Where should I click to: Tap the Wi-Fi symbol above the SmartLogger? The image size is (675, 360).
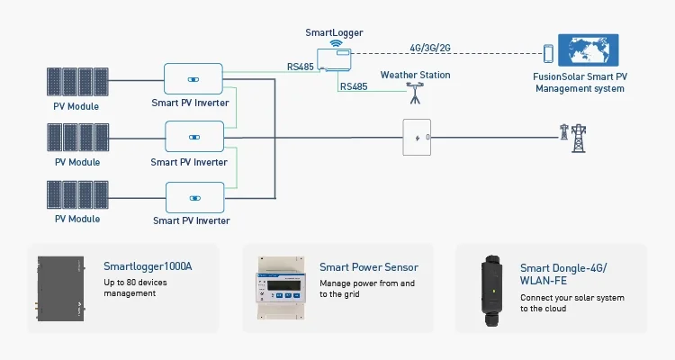[x=336, y=41]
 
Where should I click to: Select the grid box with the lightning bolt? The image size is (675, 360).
[x=416, y=138]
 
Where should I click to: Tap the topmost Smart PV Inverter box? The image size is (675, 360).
[x=193, y=77]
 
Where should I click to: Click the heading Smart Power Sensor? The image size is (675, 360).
[x=369, y=267]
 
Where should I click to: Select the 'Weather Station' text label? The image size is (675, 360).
[x=415, y=75]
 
